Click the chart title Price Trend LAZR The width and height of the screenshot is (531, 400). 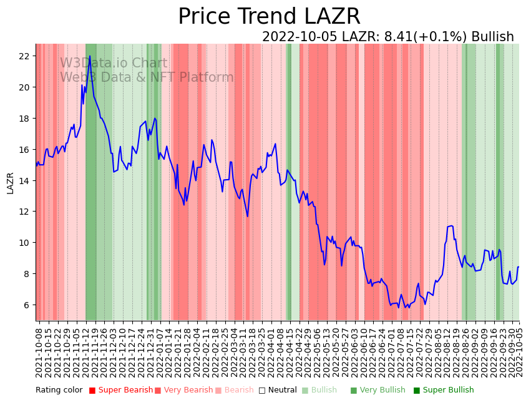point(269,17)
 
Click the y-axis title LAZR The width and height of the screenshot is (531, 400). point(10,183)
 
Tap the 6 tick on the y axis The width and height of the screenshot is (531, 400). point(26,305)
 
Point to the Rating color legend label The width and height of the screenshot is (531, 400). point(59,391)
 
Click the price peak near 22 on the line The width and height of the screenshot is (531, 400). point(90,56)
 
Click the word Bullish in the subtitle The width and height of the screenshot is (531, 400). point(492,37)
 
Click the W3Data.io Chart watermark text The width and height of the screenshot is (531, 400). point(114,64)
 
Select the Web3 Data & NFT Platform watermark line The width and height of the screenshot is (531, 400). point(147,77)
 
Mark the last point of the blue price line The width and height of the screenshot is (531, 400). point(519,267)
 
